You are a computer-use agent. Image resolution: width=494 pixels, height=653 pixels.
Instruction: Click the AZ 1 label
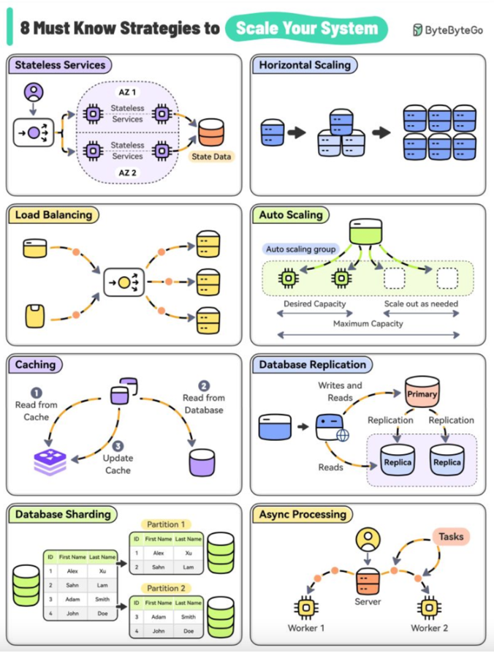(127, 93)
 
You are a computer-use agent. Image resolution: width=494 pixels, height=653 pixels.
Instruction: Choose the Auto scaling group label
(300, 249)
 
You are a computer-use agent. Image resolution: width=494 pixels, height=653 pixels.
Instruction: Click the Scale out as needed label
(422, 303)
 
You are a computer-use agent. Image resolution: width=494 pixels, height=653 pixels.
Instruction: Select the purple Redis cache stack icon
(50, 461)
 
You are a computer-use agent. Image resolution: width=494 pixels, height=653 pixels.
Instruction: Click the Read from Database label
(204, 404)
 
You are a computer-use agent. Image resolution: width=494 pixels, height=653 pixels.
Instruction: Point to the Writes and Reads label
(340, 391)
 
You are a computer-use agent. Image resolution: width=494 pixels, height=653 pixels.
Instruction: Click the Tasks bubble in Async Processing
(451, 537)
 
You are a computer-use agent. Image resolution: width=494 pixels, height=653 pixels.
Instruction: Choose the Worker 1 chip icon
(305, 606)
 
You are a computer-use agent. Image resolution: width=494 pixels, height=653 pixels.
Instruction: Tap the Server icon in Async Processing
(367, 582)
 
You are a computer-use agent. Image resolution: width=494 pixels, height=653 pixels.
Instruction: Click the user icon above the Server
(368, 540)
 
